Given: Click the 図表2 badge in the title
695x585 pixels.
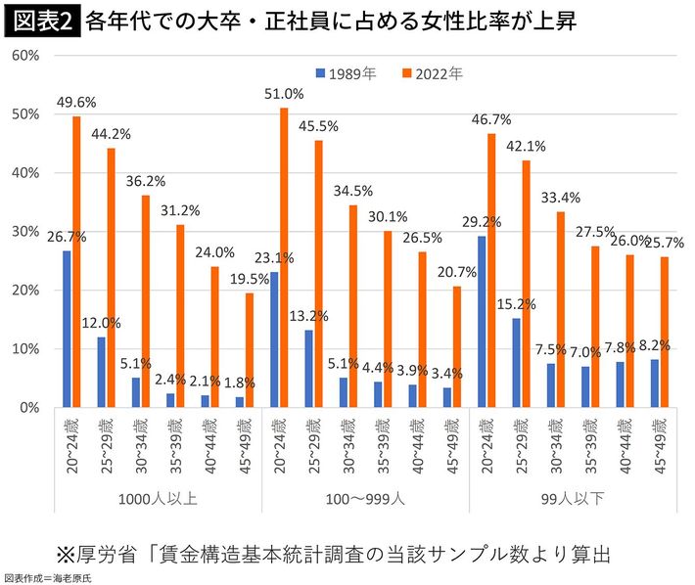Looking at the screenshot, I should click(41, 21).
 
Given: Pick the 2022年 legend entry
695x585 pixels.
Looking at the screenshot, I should click(431, 73).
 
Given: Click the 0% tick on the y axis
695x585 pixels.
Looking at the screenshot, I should click(28, 408).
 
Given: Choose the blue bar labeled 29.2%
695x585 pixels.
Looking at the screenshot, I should click(483, 322).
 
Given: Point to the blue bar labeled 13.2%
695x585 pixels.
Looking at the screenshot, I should click(309, 369).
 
